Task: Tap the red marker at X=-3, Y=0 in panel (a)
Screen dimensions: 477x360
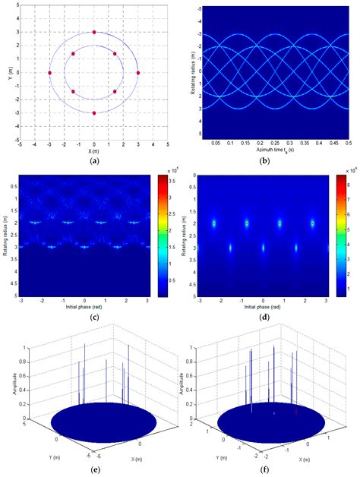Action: point(49,73)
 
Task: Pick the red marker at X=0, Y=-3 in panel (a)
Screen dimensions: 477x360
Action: point(94,113)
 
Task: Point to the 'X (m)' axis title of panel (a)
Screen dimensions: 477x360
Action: point(94,151)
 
